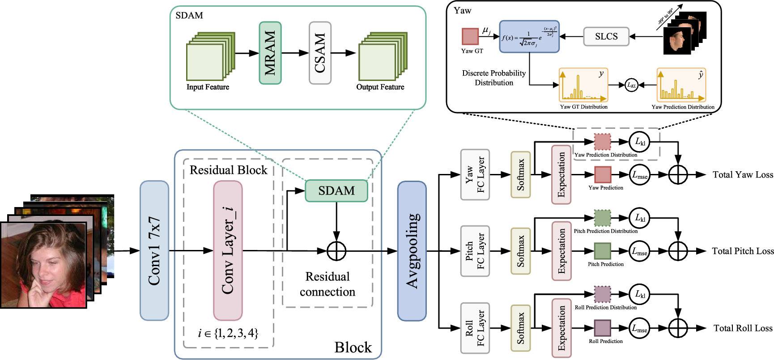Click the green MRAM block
pos(270,53)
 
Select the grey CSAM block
pos(320,53)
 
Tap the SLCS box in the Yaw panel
pos(606,37)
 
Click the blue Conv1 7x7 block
pos(154,250)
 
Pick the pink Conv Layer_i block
pos(228,250)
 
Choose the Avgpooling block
pos(412,251)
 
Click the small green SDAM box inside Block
pos(336,191)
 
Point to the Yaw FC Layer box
pos(475,174)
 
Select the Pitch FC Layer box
pos(475,251)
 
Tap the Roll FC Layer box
pos(475,328)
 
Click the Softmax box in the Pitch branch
pos(521,251)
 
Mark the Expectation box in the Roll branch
pos(561,328)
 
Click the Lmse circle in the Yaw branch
pos(640,175)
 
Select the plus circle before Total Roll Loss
pos(678,328)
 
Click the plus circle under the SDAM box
pos(336,251)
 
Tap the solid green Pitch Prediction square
pos(603,251)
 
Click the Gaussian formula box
pos(529,37)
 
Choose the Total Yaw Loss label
pos(743,175)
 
